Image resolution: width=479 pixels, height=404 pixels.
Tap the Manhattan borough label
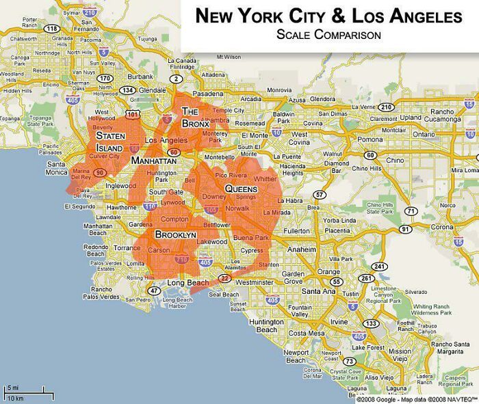point(155,160)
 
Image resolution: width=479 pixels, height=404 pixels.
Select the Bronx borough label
point(194,118)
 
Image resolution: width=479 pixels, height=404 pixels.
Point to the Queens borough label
point(241,189)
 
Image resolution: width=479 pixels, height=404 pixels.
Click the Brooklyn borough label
point(176,234)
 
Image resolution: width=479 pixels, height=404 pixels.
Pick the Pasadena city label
point(208,94)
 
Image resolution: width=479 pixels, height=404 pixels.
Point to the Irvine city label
point(339,321)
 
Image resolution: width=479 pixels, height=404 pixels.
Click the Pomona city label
point(370,139)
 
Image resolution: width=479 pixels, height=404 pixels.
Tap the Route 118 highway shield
point(52,28)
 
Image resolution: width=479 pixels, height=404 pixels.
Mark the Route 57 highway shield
point(320,196)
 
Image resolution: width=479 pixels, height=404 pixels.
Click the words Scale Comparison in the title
point(328,35)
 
